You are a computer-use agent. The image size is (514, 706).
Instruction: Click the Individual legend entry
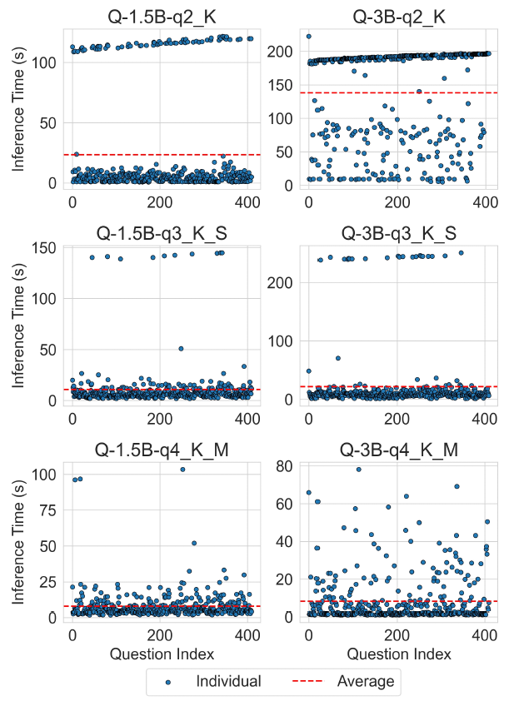pyautogui.click(x=228, y=681)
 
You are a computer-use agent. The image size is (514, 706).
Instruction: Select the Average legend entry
pyautogui.click(x=365, y=681)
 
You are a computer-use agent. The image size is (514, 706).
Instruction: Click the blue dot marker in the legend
pyautogui.click(x=169, y=682)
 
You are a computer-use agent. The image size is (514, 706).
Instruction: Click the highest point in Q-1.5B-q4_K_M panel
pyautogui.click(x=182, y=470)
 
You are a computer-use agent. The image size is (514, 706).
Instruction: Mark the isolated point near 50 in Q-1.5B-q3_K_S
pyautogui.click(x=181, y=349)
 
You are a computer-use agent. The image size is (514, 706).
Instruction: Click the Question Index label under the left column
pyautogui.click(x=162, y=654)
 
